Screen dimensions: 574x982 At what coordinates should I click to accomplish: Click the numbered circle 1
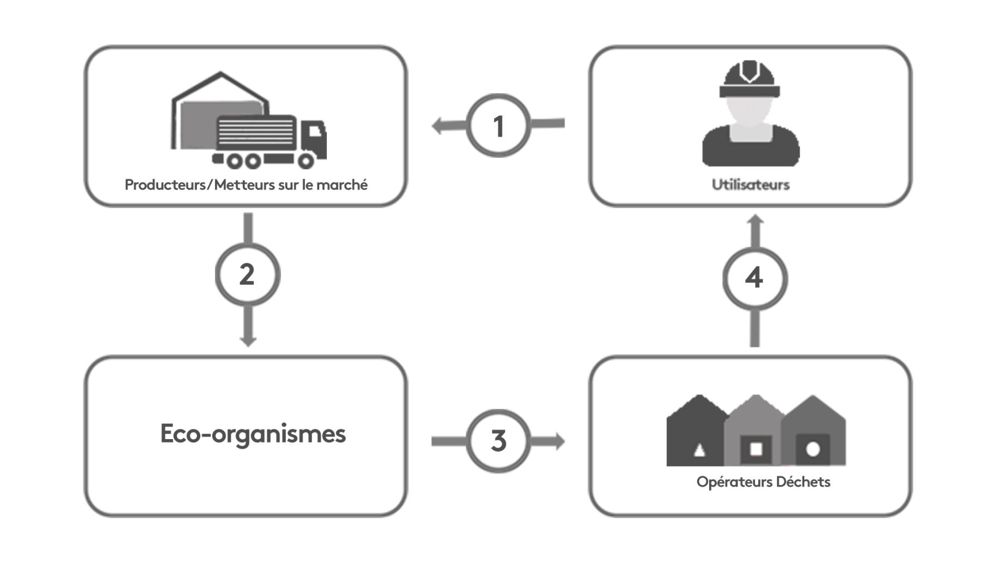(x=498, y=126)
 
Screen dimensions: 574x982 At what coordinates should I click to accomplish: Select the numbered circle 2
(x=247, y=275)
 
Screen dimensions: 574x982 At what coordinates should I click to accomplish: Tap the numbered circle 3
(x=498, y=441)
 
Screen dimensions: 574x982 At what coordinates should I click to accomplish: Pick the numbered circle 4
(x=755, y=278)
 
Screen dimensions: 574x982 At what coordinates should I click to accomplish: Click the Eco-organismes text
(x=253, y=434)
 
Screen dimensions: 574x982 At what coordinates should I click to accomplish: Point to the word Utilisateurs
(x=750, y=185)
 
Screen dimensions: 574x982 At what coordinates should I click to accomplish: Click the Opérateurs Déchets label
(x=763, y=482)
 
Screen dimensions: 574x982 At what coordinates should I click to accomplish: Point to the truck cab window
(x=315, y=131)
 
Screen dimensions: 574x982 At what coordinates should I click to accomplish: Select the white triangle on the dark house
(x=699, y=450)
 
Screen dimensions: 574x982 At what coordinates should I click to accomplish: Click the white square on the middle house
(x=756, y=449)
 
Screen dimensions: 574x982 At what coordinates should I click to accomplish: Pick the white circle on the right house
(x=813, y=449)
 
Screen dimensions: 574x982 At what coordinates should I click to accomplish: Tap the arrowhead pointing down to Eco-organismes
(x=248, y=341)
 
